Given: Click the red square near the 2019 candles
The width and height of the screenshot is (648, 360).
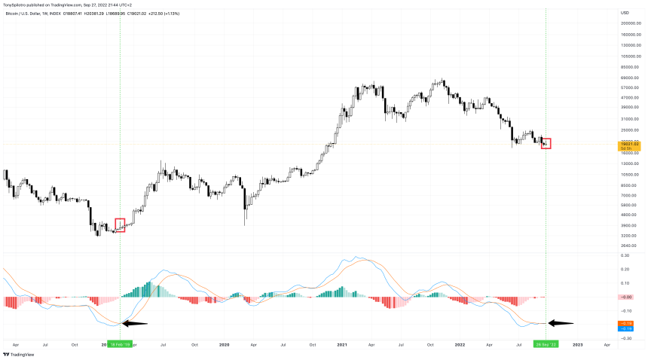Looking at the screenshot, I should tap(120, 225).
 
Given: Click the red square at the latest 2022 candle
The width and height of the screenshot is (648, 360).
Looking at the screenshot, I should tap(546, 143).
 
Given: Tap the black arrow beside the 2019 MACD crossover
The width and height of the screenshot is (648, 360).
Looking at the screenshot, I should tap(135, 324).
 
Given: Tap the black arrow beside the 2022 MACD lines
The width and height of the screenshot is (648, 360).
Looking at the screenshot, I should tap(561, 323).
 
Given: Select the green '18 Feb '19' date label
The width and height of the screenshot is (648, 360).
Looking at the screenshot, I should tap(121, 344).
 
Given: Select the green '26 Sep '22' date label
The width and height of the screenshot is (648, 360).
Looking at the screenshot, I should tap(546, 344).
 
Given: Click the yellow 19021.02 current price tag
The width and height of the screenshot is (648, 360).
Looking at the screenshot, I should tap(629, 144).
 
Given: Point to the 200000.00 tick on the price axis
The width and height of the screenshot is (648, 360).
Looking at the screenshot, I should tap(630, 23).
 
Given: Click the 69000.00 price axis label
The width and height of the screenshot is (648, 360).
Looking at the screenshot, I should tap(630, 78).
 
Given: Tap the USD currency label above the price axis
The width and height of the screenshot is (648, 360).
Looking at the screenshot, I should tap(625, 13).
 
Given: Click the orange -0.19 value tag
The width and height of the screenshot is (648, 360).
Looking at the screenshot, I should tap(625, 323).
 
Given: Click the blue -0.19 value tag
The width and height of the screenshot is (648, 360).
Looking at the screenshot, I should tap(625, 328).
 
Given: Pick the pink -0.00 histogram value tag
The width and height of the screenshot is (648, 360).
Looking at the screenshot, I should tap(625, 297).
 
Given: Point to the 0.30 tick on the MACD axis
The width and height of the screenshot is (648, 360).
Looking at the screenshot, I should tap(625, 255).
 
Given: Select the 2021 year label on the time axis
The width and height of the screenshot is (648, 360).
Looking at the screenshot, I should tap(341, 344).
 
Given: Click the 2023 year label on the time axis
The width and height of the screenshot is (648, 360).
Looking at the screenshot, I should tap(577, 344).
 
